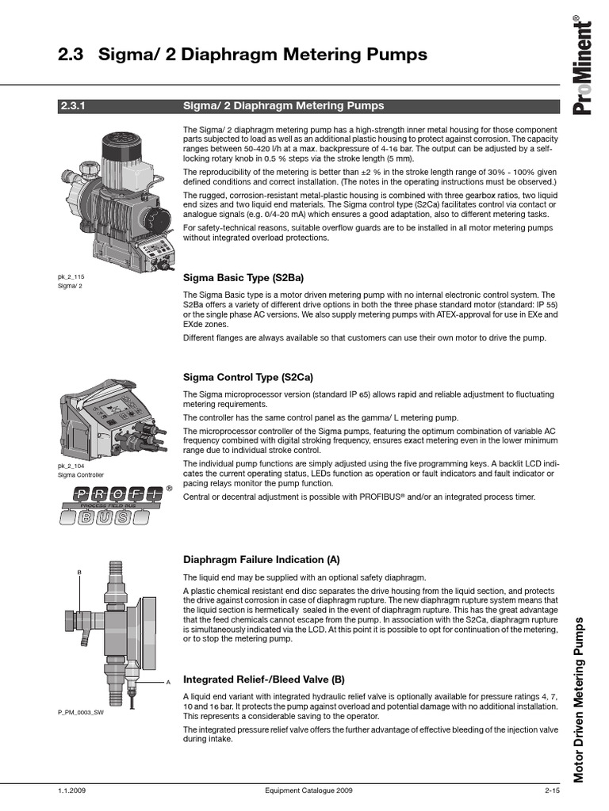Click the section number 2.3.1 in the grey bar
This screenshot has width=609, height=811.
coord(72,105)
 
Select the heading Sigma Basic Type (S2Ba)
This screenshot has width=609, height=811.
coord(243,278)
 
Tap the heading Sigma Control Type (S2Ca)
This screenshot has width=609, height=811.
coord(247,377)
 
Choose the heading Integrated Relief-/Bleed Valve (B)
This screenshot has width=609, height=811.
coord(264,679)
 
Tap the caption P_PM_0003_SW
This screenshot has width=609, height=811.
coord(80,713)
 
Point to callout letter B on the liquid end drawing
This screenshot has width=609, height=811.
coord(79,572)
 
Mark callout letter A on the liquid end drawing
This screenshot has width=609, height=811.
coord(168,681)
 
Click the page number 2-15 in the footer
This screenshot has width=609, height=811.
coord(552,790)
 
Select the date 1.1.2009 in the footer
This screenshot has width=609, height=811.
coord(71,790)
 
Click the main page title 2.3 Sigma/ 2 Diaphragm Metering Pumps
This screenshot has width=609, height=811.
coord(243,55)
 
